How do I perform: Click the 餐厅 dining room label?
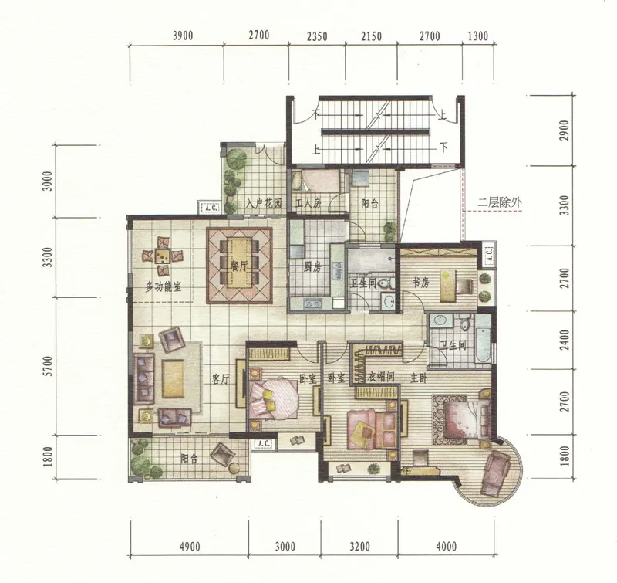(x=240, y=266)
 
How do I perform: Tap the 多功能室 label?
(x=164, y=286)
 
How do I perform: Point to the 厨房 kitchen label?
(x=313, y=267)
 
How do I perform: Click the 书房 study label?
(x=420, y=283)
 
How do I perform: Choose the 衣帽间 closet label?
(x=381, y=378)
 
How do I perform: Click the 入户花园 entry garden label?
(x=264, y=204)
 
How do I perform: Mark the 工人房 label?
(x=308, y=204)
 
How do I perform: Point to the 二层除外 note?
(x=500, y=203)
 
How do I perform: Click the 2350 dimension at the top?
(x=317, y=36)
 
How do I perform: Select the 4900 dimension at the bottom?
(x=190, y=547)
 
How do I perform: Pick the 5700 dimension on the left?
(x=48, y=366)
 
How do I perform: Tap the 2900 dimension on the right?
(x=565, y=130)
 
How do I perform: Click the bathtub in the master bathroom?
(x=483, y=339)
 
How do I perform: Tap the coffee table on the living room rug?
(x=173, y=379)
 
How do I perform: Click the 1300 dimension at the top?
(x=478, y=36)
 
